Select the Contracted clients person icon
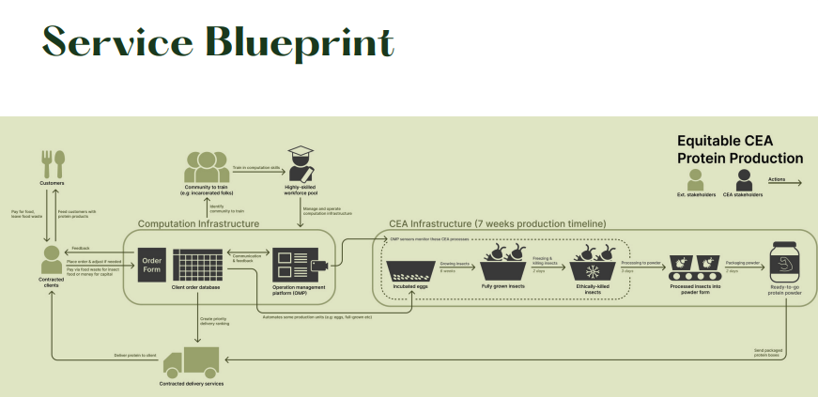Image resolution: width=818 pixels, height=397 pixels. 53,257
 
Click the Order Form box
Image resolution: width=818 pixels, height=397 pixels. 152,265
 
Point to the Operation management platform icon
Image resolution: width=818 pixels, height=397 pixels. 295,265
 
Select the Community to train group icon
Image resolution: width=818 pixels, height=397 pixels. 207,165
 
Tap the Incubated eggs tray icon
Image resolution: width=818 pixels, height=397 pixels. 411,272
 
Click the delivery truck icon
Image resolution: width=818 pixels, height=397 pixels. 192,360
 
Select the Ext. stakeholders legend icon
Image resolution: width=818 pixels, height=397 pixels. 690,178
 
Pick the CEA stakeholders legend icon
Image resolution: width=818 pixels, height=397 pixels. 743,178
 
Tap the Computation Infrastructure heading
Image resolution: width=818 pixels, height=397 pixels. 198,223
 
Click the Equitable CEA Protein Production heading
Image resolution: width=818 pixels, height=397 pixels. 739,149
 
